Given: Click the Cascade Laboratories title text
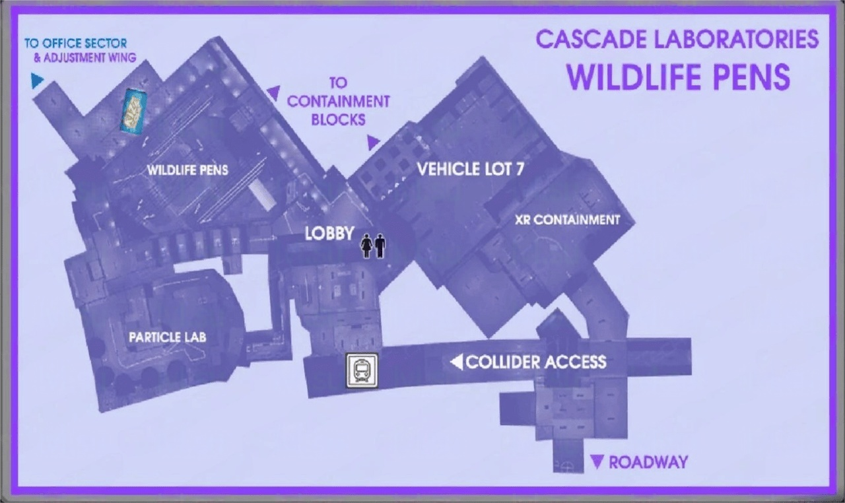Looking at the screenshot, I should coord(677,39).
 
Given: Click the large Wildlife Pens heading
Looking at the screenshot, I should coord(679,77).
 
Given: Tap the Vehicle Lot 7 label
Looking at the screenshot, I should coord(471,169).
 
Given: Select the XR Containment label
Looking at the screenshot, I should coord(567,220).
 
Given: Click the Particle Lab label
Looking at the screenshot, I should coord(167,337).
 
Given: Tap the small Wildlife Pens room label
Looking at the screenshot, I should coord(187,170).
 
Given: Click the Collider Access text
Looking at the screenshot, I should coord(535,362).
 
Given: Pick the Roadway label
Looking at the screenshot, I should coord(648,462).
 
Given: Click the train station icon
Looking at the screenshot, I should coord(362,370).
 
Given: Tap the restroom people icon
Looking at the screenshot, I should coord(372,247).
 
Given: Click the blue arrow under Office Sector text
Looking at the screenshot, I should coord(37,81).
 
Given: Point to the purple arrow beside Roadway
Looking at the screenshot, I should coord(598,461).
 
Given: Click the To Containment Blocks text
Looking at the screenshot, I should coord(338,102).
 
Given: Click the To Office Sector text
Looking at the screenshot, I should coord(75,44).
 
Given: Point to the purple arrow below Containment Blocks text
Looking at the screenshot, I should coord(373,141).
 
